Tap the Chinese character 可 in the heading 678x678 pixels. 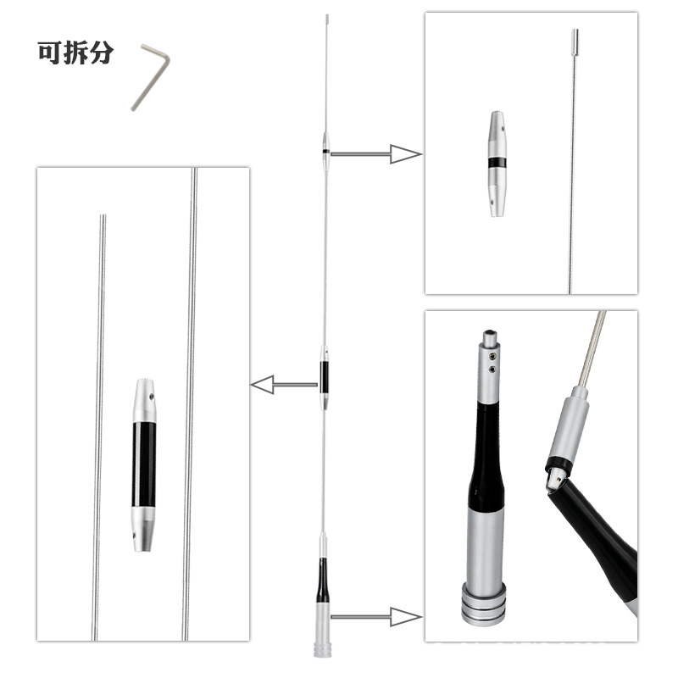(x=49, y=53)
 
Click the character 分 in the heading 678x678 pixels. (x=102, y=53)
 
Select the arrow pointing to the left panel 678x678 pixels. (x=284, y=385)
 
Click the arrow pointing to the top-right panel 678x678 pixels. (x=375, y=154)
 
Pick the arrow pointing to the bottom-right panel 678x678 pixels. (x=375, y=617)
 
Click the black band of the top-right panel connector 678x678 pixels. (x=497, y=162)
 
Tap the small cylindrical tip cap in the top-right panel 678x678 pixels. (x=575, y=36)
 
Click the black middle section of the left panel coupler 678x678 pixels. (x=143, y=464)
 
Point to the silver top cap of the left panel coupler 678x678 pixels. (x=144, y=401)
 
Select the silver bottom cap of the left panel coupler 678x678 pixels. (x=143, y=529)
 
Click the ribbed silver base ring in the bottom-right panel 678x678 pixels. (x=483, y=603)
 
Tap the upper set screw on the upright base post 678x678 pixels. (x=492, y=355)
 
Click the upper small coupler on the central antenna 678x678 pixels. (x=326, y=152)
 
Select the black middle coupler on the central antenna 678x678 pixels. (x=324, y=376)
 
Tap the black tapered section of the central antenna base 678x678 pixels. (x=322, y=581)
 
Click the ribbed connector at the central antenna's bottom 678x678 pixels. (x=322, y=648)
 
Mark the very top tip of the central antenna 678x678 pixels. (x=327, y=15)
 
